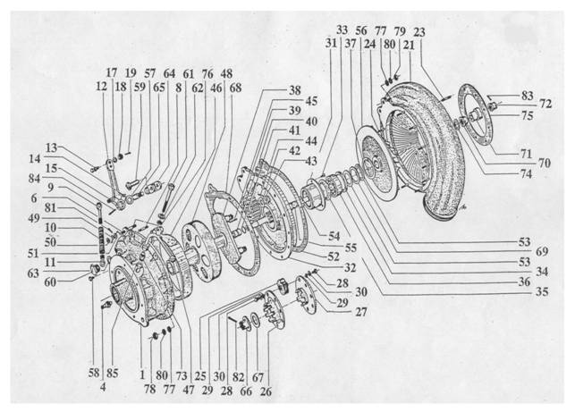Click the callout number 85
112,374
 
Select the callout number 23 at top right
419,32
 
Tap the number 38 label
295,90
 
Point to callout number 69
542,251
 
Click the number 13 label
51,147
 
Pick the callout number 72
545,104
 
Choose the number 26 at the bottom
266,391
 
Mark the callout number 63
33,273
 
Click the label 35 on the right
542,291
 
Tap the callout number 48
226,73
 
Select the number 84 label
34,179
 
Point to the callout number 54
334,236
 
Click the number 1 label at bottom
142,374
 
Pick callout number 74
526,173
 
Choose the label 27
361,312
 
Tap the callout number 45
311,101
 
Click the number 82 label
238,377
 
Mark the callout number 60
50,282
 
